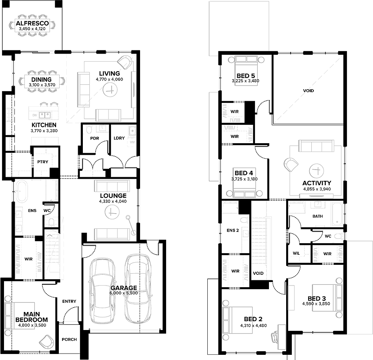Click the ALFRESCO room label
(32, 23)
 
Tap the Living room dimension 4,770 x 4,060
(109, 80)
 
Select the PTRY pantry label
(43, 162)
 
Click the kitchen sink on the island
(45, 115)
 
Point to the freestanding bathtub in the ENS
(22, 192)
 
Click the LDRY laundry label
(119, 138)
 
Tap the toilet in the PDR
(89, 130)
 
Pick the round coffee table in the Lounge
(112, 212)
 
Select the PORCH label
(69, 340)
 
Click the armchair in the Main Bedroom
(46, 342)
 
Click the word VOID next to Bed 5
(308, 91)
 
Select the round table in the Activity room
(317, 171)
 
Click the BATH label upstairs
(318, 216)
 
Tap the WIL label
(296, 254)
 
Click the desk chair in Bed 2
(275, 337)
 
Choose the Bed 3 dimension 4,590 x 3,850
(316, 304)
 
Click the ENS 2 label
(233, 230)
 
